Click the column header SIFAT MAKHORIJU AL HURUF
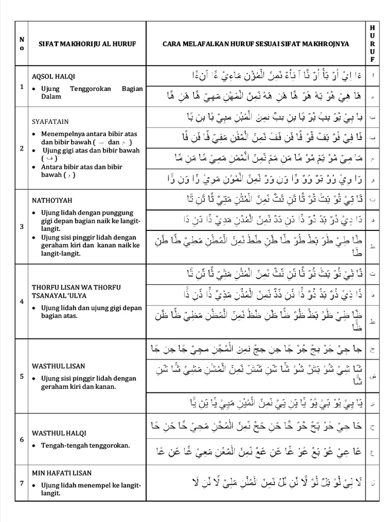point(87,44)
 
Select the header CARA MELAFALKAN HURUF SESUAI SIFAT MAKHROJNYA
point(256,44)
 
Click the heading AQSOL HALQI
point(53,76)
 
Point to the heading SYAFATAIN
point(50,122)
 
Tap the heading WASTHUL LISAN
point(58,366)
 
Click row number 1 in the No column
point(22,86)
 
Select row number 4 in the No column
point(22,301)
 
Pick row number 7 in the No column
point(22,483)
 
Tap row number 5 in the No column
point(22,376)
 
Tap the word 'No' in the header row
point(22,44)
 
